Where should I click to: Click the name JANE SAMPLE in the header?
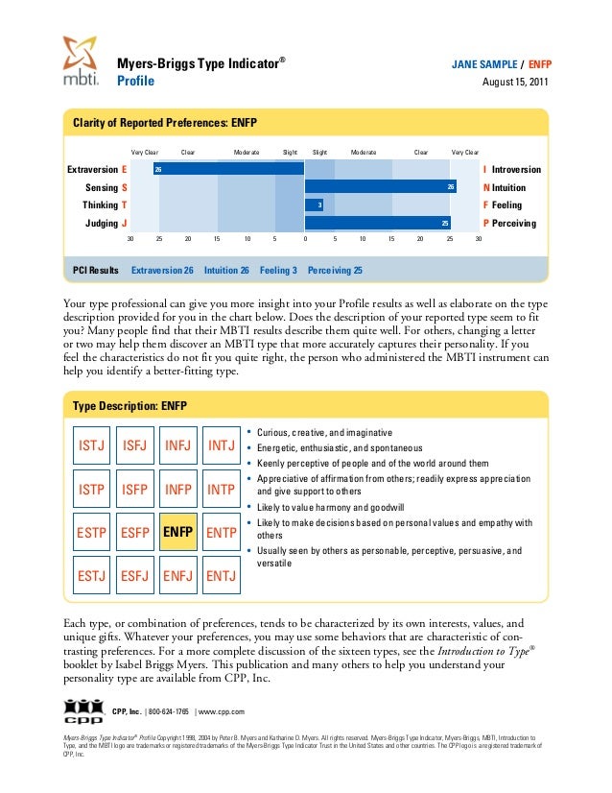(483, 64)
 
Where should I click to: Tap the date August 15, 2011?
(516, 83)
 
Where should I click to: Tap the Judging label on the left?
(101, 223)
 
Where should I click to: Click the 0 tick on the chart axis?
(305, 238)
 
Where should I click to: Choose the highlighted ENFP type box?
(177, 531)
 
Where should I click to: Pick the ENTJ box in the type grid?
(222, 575)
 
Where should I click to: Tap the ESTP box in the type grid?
(91, 531)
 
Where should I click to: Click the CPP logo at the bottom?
(83, 710)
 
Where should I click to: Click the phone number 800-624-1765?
(169, 711)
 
